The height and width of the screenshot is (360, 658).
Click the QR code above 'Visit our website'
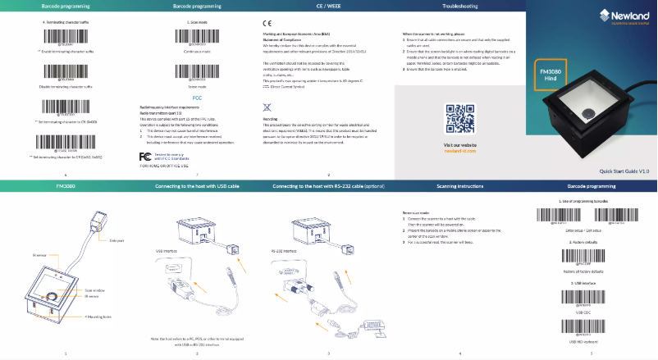click(459, 119)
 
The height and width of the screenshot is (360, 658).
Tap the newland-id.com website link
click(459, 152)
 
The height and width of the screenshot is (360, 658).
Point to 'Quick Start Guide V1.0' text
click(624, 171)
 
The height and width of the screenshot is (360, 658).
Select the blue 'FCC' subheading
click(197, 98)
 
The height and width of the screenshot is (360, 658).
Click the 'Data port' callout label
click(115, 240)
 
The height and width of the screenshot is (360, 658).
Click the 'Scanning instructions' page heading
click(459, 187)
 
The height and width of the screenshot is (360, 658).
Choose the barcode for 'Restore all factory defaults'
click(592, 254)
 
